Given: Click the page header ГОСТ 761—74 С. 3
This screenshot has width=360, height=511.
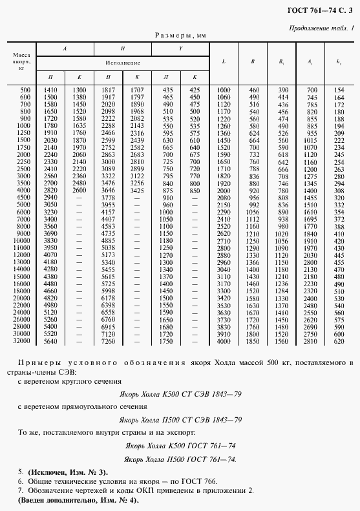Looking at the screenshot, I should point(321,8).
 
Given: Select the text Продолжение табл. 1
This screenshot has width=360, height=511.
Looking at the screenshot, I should point(322,28).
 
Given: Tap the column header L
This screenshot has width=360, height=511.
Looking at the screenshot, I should point(224,62).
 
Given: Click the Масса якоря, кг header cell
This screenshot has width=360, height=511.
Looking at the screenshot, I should point(22,62).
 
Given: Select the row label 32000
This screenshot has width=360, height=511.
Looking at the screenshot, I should point(23,340).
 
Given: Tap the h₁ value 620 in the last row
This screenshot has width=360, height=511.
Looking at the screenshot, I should point(339,340).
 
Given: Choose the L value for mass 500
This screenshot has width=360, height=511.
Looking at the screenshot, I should point(224,89).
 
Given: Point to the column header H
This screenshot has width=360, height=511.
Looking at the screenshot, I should point(123,49).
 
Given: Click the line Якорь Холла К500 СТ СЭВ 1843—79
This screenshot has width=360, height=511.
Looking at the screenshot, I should point(180,393).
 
